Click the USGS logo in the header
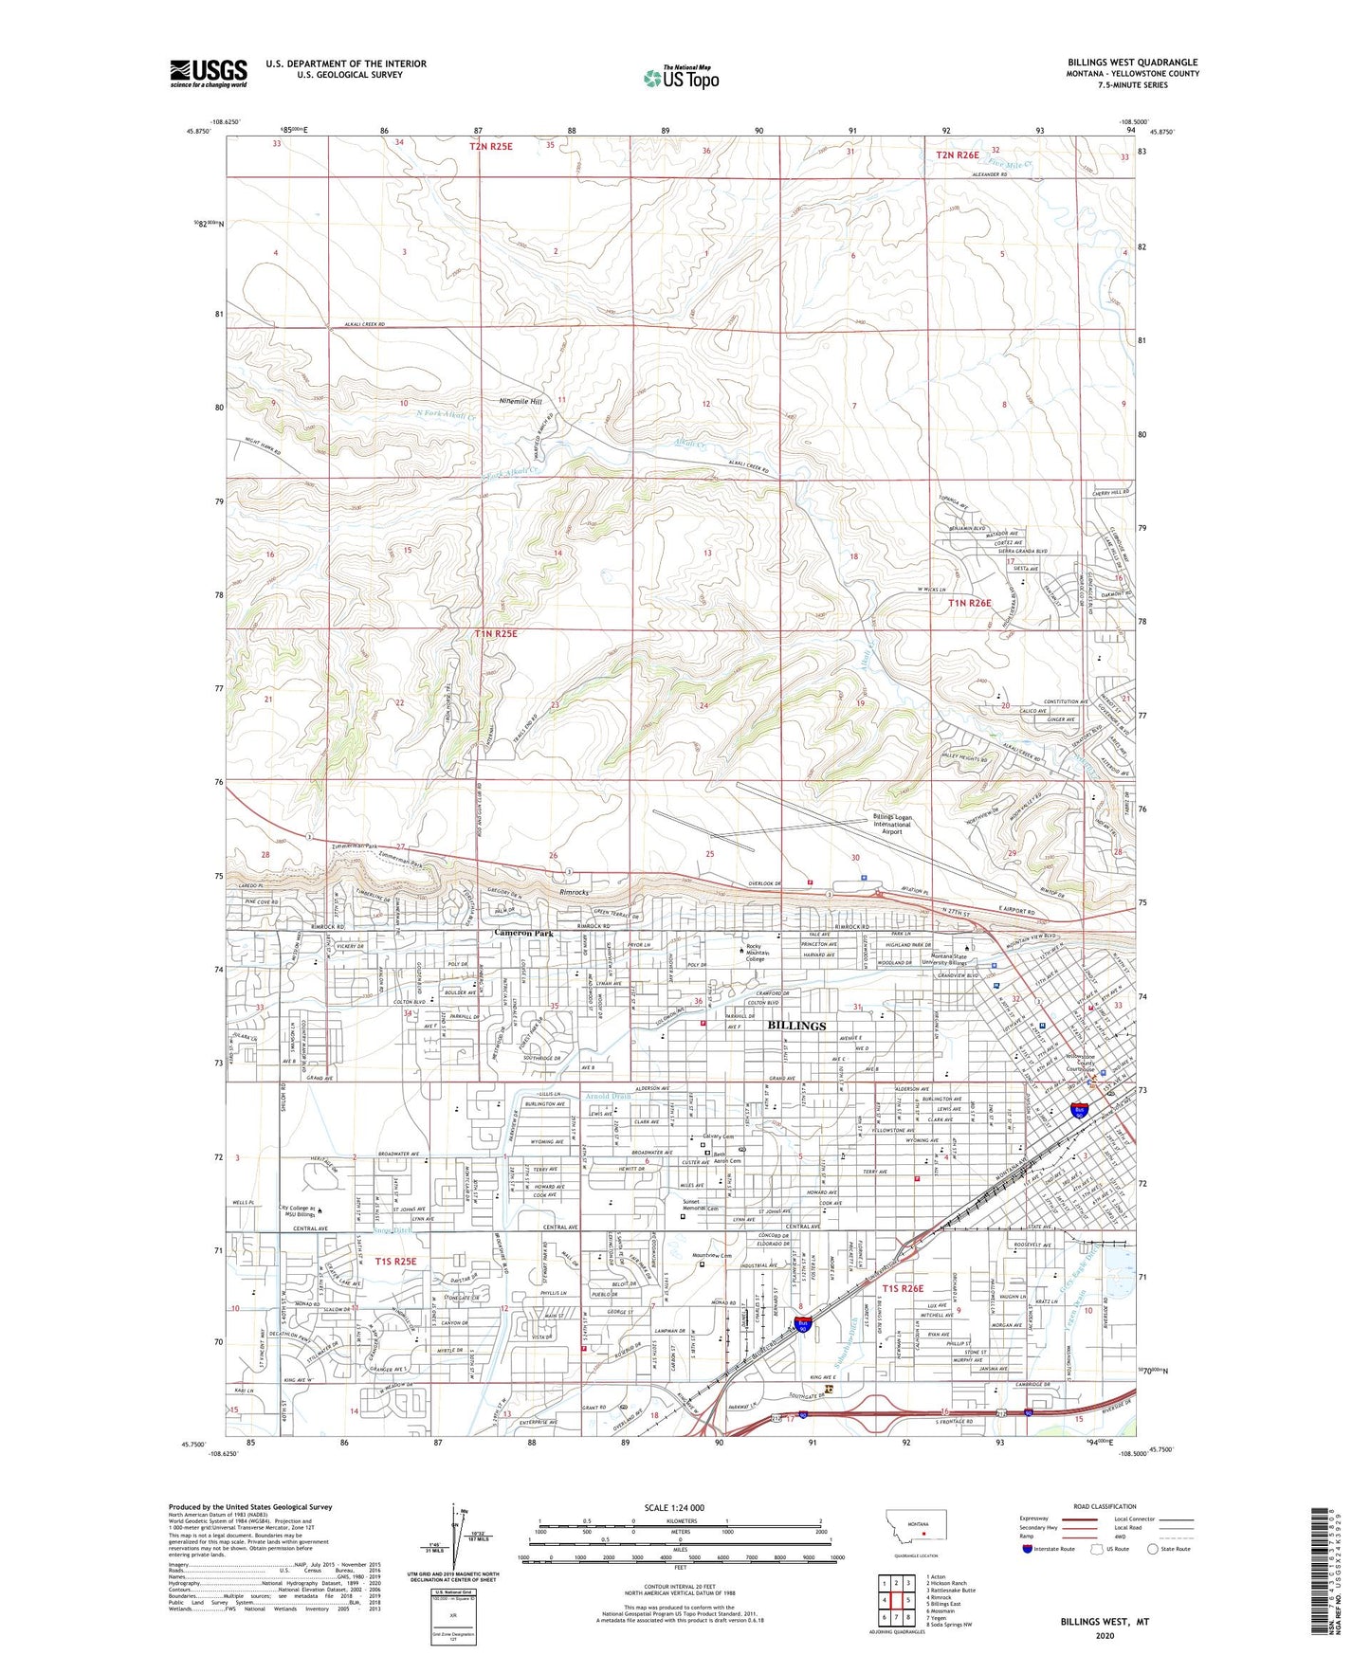pos(209,72)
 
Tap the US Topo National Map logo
pos(681,77)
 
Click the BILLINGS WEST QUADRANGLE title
pos(1132,63)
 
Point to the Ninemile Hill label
pos(521,401)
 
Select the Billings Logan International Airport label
pos(891,824)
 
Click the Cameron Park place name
pos(522,934)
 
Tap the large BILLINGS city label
pos(796,1026)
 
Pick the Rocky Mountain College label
pos(755,953)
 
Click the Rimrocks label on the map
pos(575,892)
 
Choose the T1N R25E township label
pos(496,633)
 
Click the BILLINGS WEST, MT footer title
pos(1105,1622)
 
